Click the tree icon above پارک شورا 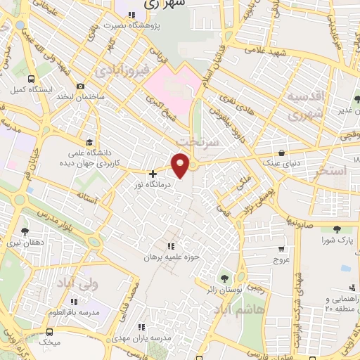pos(336,229)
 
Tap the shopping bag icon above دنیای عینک pos(282,152)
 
